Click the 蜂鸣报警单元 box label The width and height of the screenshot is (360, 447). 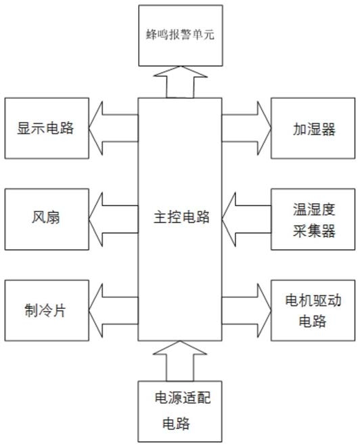pos(180,35)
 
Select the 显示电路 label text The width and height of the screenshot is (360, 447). pos(45,128)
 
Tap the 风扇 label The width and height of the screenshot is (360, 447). pos(46,217)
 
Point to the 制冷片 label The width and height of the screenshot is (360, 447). pos(45,310)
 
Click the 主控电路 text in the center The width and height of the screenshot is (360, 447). pos(181,217)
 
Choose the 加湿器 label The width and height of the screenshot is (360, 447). pos(314,129)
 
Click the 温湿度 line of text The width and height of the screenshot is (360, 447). pos(314,209)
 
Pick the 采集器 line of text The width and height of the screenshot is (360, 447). pos(314,231)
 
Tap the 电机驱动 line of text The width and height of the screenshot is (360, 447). pos(313,300)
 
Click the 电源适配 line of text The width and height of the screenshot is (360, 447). pos(183,398)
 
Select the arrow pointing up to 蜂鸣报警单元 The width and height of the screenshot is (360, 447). pos(180,82)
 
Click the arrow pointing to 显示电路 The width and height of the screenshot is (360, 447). pos(114,128)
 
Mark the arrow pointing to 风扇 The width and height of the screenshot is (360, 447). pos(114,219)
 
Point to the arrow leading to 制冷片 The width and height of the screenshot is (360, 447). pos(114,311)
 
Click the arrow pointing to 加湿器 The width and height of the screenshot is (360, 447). pos(246,128)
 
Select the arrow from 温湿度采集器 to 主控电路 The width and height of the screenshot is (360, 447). pos(246,219)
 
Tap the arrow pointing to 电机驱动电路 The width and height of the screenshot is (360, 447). pos(246,311)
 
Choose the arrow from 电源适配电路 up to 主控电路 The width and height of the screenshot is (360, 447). pos(180,361)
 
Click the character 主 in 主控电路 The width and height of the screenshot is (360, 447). pos(160,217)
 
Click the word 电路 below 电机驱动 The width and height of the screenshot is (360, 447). pos(313,322)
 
